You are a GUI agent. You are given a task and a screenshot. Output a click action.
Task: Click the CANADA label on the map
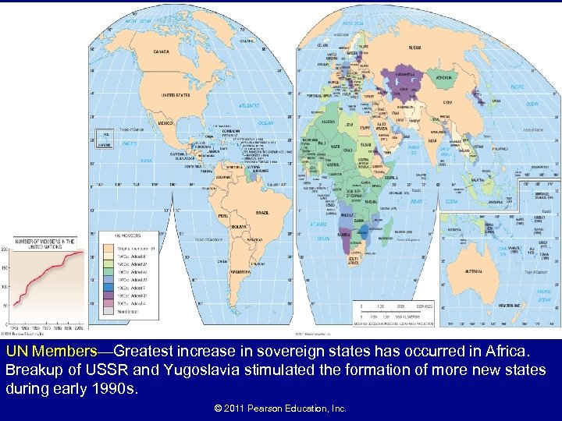coord(161,52)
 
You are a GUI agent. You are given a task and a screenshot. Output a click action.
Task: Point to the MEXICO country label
coord(166,123)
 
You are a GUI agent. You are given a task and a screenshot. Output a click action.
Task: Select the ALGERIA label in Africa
coord(328,122)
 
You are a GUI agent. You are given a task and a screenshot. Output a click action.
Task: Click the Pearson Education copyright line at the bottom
coord(280,408)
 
